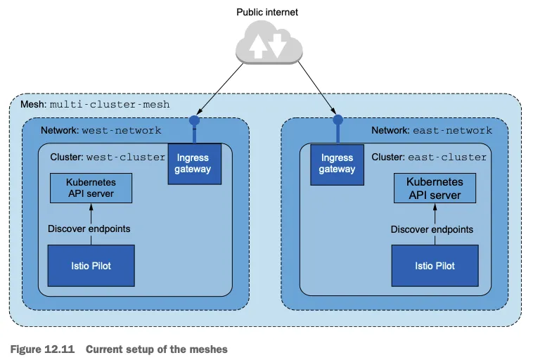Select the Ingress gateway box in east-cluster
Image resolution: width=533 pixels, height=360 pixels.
point(338,164)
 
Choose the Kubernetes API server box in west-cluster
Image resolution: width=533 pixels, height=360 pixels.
point(91,188)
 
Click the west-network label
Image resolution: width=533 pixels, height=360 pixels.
point(122,131)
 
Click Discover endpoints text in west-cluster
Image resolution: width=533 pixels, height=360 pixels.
point(89,229)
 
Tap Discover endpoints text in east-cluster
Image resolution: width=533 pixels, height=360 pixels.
point(432,229)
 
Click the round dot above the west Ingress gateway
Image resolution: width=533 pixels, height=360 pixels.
point(194,120)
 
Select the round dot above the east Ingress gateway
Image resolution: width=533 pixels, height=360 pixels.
point(338,120)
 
